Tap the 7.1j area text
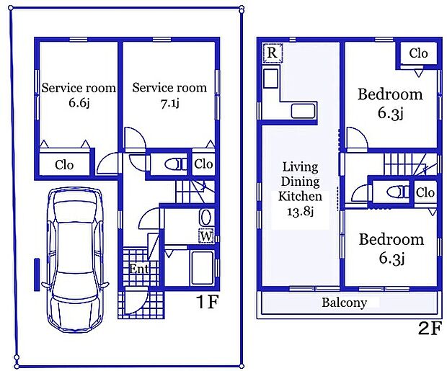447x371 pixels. [170, 103]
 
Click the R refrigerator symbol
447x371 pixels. [273, 53]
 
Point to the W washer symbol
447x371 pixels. [206, 236]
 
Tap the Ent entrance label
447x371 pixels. [139, 269]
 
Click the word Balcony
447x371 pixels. [344, 303]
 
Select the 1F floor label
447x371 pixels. [207, 303]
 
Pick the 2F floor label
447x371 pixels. [430, 328]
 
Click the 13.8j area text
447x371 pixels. [300, 211]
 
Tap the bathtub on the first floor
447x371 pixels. [203, 268]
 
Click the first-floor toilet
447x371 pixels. [175, 164]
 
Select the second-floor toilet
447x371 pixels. [398, 192]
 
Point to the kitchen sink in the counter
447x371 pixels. [304, 111]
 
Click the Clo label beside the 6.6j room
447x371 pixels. [64, 165]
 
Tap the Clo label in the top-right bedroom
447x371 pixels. [418, 53]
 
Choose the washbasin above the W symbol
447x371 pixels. [205, 218]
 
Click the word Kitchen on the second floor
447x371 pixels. [300, 197]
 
